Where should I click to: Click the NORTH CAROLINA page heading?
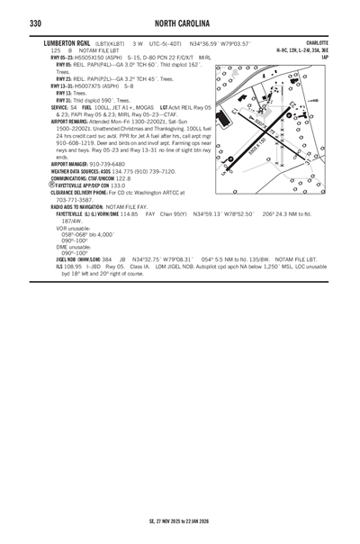click(x=180, y=23)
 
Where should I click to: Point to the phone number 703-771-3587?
click(x=76, y=200)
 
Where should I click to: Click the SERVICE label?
click(x=65, y=105)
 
